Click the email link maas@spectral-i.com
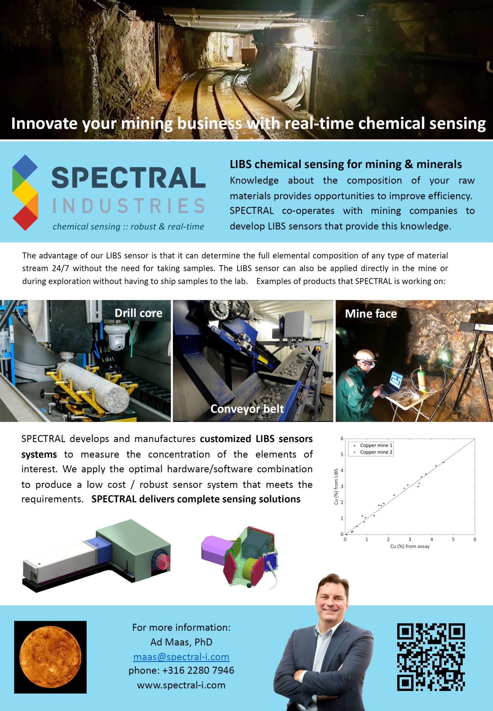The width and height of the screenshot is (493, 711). coord(181,656)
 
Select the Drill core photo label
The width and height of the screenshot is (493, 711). coord(138,313)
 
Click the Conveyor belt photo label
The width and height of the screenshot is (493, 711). coord(247,409)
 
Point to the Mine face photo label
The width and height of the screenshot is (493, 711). coord(371,314)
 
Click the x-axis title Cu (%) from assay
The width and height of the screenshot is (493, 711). coord(410,546)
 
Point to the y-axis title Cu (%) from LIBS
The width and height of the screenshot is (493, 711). coord(336,487)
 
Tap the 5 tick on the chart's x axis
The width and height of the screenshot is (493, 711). coord(453,539)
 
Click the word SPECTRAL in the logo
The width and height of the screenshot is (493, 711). coord(128,177)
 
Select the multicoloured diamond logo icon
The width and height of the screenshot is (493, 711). coord(25,192)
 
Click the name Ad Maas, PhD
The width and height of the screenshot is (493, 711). coord(181,642)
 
